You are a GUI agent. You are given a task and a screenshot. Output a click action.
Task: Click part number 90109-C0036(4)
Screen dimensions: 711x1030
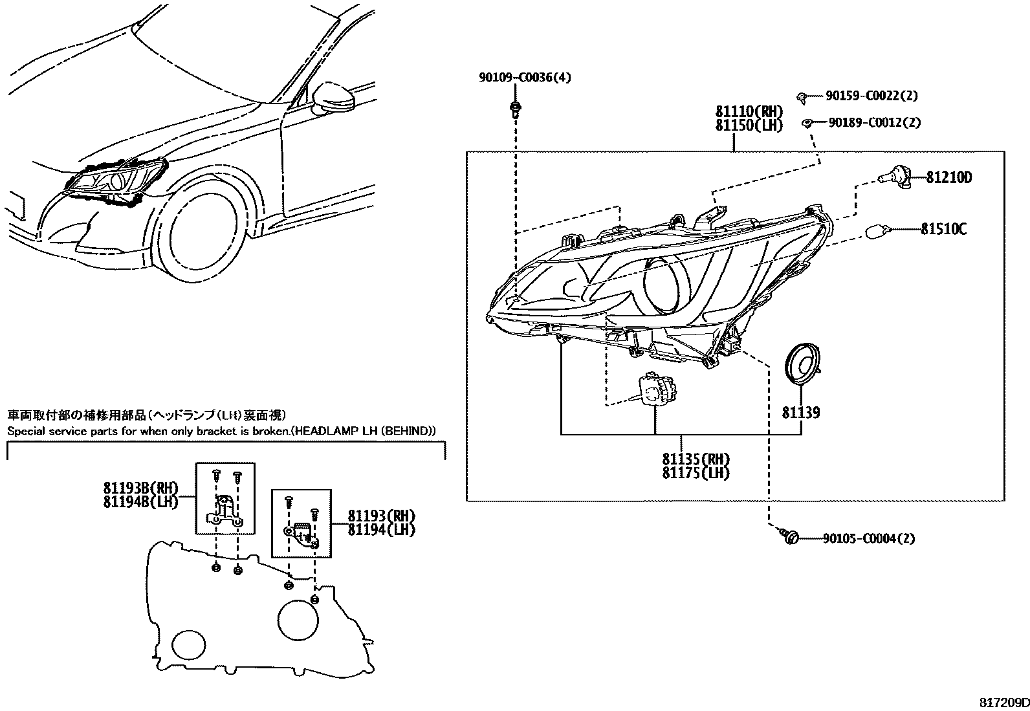point(525,78)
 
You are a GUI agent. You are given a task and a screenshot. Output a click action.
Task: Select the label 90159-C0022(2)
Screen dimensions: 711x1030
point(871,96)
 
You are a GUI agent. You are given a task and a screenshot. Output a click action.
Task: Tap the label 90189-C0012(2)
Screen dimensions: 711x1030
point(874,122)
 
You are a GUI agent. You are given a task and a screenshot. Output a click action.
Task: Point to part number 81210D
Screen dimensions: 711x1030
point(948,177)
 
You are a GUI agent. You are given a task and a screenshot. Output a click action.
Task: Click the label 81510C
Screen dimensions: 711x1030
point(944,228)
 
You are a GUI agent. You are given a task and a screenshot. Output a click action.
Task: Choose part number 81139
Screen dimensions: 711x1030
point(801,412)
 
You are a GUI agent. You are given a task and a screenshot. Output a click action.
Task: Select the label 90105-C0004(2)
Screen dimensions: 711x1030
point(869,538)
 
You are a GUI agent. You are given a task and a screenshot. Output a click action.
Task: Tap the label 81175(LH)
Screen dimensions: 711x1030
point(696,473)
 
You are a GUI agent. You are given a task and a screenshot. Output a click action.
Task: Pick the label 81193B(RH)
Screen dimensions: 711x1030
point(140,488)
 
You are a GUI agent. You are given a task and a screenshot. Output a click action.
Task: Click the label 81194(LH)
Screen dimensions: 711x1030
point(381,529)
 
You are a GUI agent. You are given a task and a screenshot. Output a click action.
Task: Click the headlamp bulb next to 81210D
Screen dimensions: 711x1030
point(894,176)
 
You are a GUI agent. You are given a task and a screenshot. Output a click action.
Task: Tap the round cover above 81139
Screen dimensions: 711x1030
point(802,366)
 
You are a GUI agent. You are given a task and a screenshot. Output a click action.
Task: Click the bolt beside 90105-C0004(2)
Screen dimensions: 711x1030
point(790,536)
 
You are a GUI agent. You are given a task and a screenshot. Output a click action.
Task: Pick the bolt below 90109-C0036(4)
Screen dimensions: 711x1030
point(515,108)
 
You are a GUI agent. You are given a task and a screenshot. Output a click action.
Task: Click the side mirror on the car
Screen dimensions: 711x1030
point(334,97)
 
